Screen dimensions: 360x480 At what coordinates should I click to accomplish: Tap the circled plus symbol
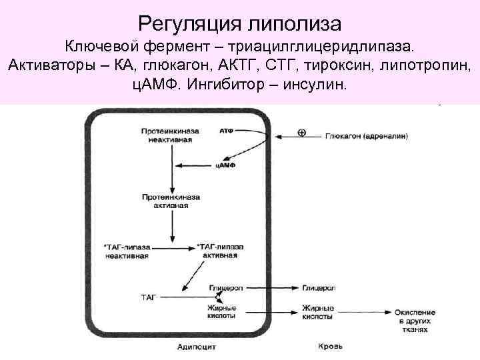coord(301,133)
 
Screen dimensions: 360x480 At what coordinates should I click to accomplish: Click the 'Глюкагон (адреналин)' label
coord(367,136)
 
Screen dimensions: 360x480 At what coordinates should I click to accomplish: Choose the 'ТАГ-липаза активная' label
coord(220,251)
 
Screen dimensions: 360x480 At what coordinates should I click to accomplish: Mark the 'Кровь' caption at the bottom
coord(330,347)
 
